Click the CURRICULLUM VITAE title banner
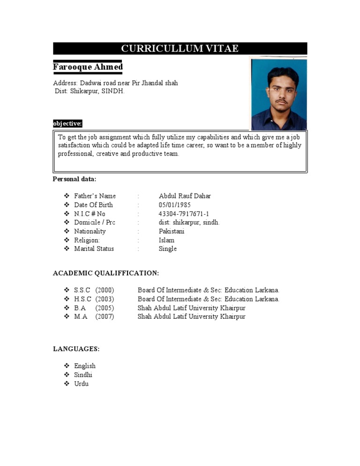(x=180, y=49)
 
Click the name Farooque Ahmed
(x=88, y=67)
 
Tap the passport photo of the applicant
(x=278, y=94)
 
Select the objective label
(x=67, y=124)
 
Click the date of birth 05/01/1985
(x=175, y=205)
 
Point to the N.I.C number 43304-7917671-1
(x=184, y=214)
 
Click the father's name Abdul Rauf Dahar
(x=185, y=196)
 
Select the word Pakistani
(x=172, y=231)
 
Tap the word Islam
(x=166, y=240)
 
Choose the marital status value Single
(x=168, y=249)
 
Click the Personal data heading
(x=75, y=179)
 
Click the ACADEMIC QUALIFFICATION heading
(x=106, y=273)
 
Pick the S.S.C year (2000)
(x=105, y=290)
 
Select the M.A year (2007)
(x=105, y=316)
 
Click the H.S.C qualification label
(x=82, y=299)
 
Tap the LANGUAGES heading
(x=76, y=349)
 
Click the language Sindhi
(x=83, y=375)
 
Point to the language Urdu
(x=81, y=384)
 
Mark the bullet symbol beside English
(x=66, y=366)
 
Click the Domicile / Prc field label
(x=95, y=223)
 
